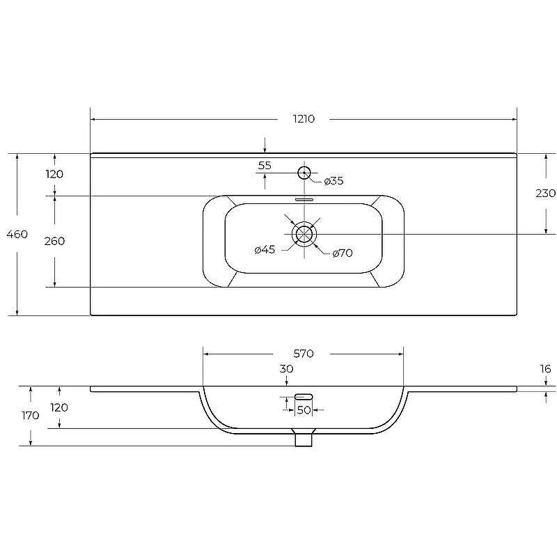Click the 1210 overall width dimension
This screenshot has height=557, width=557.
point(304,118)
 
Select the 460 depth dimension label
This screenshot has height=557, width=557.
point(17,234)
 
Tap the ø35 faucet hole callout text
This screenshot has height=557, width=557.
point(334,181)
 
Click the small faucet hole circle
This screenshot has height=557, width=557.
point(304,173)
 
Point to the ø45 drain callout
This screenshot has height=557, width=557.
point(265,250)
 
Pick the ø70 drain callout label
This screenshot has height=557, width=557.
point(343,253)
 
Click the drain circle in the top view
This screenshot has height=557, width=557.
point(304,234)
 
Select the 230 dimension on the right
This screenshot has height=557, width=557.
point(545,193)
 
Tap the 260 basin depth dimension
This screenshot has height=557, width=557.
point(54,241)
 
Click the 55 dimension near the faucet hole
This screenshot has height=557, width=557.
point(265,165)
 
